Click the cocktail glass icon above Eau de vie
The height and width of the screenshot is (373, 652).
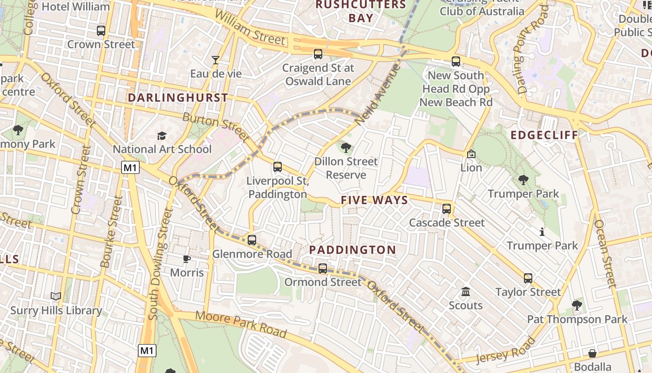point(216,60)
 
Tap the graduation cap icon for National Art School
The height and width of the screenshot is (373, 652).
point(162,136)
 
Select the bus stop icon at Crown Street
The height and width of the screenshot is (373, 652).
point(101,31)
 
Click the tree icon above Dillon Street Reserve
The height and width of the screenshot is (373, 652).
point(346,148)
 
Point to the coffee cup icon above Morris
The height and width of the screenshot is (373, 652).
point(187,259)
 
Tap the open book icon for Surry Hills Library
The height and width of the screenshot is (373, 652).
point(56,297)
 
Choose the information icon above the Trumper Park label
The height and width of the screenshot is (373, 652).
point(542,232)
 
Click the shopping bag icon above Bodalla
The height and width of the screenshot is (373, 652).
point(592,353)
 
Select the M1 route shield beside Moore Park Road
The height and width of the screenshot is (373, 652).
point(147,350)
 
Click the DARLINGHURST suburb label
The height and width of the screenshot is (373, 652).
point(178,98)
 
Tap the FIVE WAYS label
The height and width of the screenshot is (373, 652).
point(374,200)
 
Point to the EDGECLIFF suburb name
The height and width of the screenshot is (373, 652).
point(544,135)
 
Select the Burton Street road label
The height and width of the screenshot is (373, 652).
point(216,127)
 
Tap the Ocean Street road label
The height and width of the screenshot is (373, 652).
point(605,253)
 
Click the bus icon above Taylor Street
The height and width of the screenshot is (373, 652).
point(528,278)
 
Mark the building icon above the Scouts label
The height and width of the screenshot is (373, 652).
point(465,292)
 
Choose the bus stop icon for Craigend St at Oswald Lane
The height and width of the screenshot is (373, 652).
point(318,54)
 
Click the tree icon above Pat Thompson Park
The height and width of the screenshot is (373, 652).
point(577,305)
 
